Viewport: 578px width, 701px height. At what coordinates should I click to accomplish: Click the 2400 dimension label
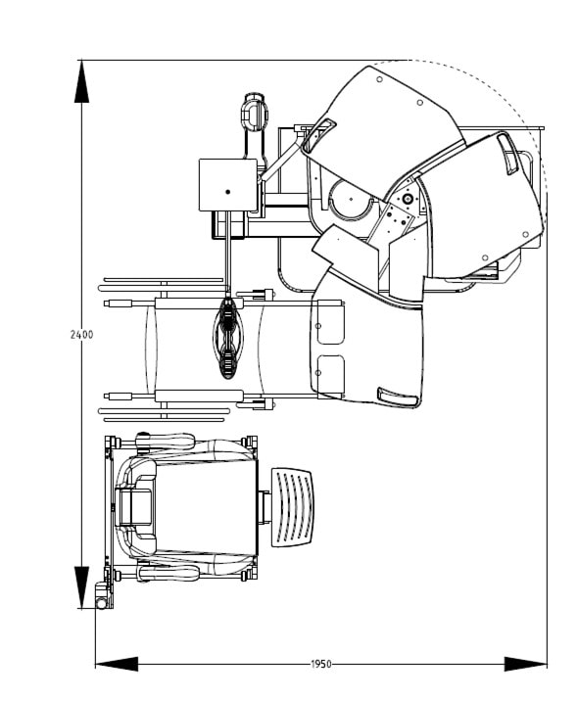tap(82, 335)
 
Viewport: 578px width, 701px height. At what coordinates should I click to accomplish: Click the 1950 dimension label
tap(321, 664)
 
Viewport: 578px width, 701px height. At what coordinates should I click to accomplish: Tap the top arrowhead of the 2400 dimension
tap(81, 82)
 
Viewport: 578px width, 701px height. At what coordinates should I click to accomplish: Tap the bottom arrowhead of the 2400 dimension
tap(81, 587)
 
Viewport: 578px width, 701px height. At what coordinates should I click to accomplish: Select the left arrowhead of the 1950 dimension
tap(117, 664)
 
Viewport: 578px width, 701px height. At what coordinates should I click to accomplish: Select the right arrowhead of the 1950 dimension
tap(526, 664)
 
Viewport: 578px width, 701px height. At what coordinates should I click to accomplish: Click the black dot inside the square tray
tap(227, 192)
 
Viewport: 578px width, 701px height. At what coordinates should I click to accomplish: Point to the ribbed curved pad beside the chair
tap(293, 507)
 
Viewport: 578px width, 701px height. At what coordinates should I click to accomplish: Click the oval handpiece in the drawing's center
tap(228, 339)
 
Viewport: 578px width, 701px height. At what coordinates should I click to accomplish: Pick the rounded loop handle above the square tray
tap(255, 113)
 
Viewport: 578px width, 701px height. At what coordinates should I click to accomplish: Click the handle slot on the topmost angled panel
tap(318, 135)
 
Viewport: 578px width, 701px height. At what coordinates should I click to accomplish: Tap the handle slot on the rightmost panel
tap(508, 154)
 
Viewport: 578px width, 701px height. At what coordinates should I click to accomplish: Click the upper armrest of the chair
tap(166, 442)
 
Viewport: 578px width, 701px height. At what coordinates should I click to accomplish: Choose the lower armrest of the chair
tap(169, 573)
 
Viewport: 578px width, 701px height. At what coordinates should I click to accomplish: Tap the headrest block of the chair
tap(133, 507)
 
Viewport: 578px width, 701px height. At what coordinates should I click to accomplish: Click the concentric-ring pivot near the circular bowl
tap(408, 198)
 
